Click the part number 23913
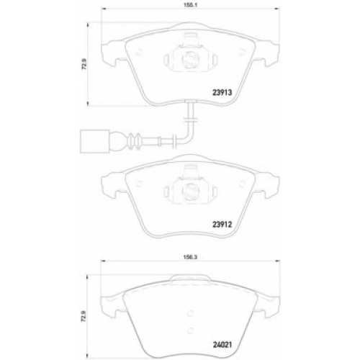tap(222, 92)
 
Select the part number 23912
tap(222, 225)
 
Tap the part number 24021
tap(222, 345)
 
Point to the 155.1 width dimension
tap(190, 5)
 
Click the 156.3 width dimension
tap(190, 257)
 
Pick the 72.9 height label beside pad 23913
tap(84, 64)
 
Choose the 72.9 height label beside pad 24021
tap(84, 316)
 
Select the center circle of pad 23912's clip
tap(190, 191)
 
